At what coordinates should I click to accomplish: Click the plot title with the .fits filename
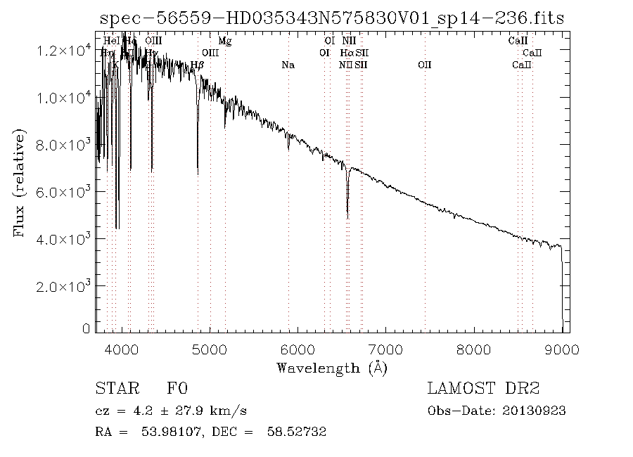point(333,18)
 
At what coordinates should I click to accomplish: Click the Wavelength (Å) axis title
point(332,367)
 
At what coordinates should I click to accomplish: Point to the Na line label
point(288,65)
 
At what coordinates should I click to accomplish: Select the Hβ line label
point(198,65)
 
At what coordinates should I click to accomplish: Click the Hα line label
point(347,53)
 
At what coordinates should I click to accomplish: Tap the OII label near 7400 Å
point(424,65)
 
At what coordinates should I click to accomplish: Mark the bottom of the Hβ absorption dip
point(198,172)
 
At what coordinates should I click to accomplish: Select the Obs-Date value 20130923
point(539,411)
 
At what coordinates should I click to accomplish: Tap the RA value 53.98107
point(161,432)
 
